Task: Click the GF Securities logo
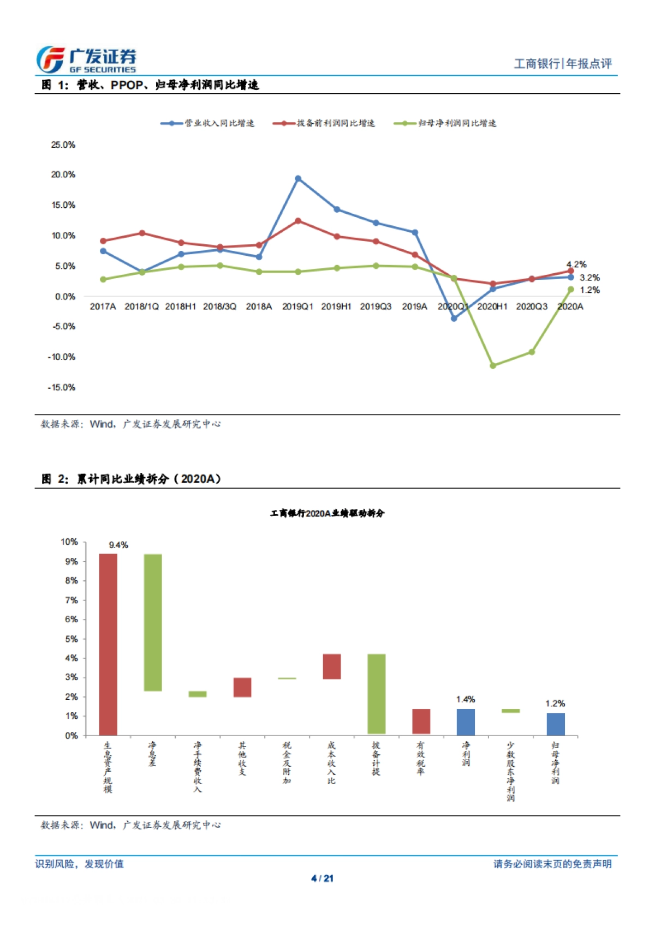(86, 59)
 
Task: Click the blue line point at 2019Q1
(298, 179)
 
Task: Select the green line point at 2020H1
(493, 365)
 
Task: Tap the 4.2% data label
(576, 264)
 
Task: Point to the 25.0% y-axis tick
(63, 145)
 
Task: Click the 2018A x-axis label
(259, 306)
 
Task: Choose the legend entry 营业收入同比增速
(207, 123)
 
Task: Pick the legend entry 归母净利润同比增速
(445, 123)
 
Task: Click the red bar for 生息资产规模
(108, 644)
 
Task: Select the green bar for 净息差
(153, 622)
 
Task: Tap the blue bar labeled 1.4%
(466, 721)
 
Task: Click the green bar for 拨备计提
(377, 693)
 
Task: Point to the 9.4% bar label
(118, 545)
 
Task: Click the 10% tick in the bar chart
(69, 542)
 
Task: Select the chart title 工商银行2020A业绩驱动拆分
(327, 513)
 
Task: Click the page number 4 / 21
(322, 878)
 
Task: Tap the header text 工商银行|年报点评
(563, 64)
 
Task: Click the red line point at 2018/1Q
(142, 233)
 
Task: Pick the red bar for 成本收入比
(332, 666)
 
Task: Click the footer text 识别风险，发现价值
(80, 864)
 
